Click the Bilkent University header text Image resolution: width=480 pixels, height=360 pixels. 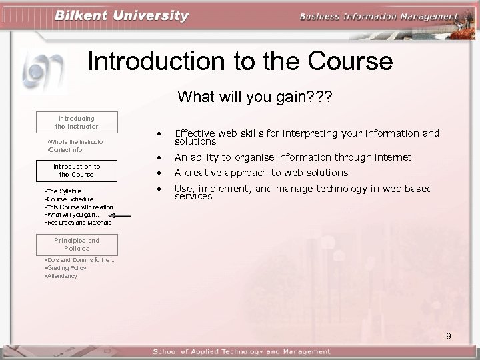pyautogui.click(x=122, y=15)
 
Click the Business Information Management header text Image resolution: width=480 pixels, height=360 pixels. pyautogui.click(x=379, y=17)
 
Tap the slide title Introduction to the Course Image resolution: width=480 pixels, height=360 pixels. pyautogui.click(x=240, y=61)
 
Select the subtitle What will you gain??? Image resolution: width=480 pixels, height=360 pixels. pyautogui.click(x=255, y=97)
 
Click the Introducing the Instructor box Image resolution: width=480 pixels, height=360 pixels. pyautogui.click(x=77, y=122)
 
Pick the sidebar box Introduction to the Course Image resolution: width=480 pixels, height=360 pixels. pyautogui.click(x=77, y=171)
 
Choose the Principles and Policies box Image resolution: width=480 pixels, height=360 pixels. pyautogui.click(x=77, y=244)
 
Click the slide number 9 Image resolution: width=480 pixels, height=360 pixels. pyautogui.click(x=449, y=336)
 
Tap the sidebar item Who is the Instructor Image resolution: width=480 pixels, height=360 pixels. pyautogui.click(x=76, y=142)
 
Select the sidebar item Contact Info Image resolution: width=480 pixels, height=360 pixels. pyautogui.click(x=65, y=150)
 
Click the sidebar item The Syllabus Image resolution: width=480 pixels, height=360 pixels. pyautogui.click(x=63, y=191)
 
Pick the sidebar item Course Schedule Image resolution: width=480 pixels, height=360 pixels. pyautogui.click(x=69, y=199)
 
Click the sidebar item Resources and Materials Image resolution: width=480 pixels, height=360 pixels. pyautogui.click(x=78, y=223)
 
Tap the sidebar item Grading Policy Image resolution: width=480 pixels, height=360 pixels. pyautogui.click(x=66, y=268)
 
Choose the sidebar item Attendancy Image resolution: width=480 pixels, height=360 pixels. pyautogui.click(x=61, y=276)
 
